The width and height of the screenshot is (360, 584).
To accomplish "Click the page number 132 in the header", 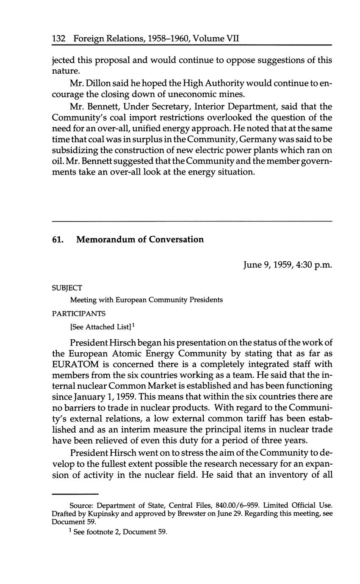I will (x=58, y=39).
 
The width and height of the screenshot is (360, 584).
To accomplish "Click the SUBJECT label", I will (x=66, y=288).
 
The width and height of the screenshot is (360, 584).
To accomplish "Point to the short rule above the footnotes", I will (x=75, y=494).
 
